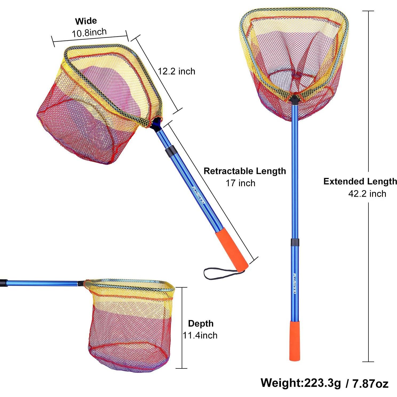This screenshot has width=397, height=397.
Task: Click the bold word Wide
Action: tap(86, 21)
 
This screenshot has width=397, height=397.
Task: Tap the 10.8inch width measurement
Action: tap(89, 33)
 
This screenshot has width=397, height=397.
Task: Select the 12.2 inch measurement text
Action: tap(176, 71)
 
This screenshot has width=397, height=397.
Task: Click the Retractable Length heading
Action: tap(245, 171)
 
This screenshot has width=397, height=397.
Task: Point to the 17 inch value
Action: tap(240, 183)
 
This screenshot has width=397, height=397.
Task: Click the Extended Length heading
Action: tap(360, 181)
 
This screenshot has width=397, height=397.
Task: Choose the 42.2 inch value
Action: tap(367, 193)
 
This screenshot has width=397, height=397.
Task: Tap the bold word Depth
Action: tap(201, 323)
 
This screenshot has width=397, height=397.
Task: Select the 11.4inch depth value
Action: tap(200, 335)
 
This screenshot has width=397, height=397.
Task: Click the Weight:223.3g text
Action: tap(301, 383)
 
